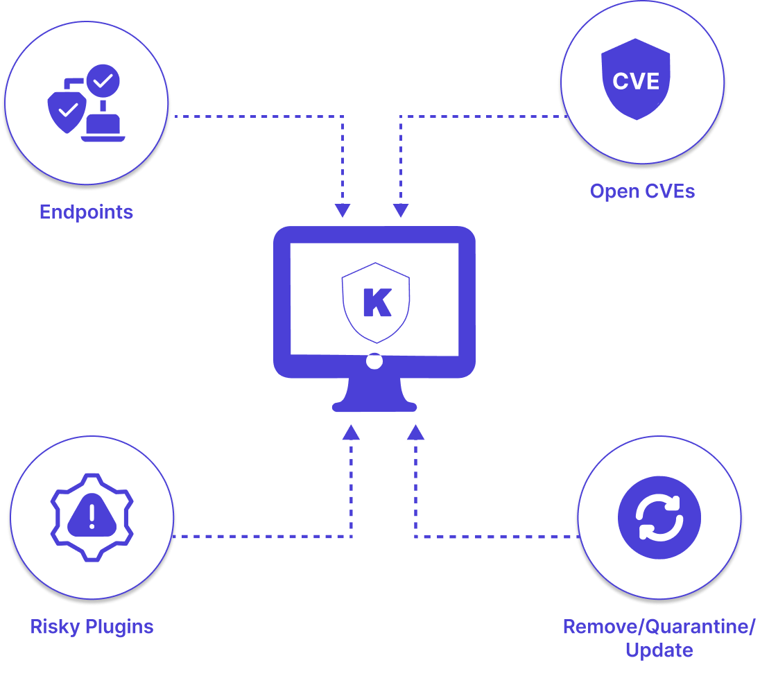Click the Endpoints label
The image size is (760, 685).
point(86,212)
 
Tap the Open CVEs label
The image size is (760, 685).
point(642,191)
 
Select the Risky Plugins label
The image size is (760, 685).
point(92,627)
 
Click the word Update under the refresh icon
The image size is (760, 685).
point(659,650)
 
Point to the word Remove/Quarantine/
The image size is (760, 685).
point(659,627)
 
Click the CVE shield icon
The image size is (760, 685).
point(636,80)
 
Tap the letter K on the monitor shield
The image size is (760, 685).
point(377,302)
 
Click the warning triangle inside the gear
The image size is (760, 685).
point(92,515)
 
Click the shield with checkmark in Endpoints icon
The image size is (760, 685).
point(67,109)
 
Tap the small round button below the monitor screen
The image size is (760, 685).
point(374,361)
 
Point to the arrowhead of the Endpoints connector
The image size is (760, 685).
point(343,211)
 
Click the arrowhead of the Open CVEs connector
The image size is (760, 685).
point(400,211)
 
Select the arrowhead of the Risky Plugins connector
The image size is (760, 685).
point(352,432)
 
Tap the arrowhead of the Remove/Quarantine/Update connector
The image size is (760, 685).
point(415,432)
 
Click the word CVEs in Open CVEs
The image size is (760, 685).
point(667,191)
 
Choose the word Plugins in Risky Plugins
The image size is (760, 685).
point(119,627)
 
